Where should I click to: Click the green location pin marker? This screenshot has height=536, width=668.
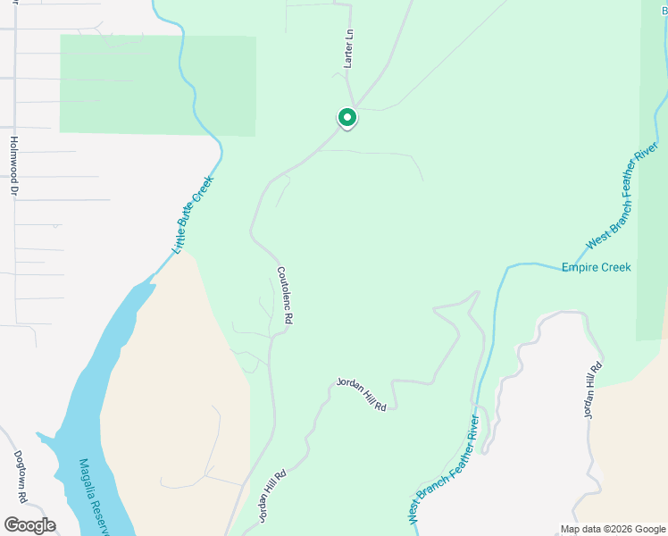(x=347, y=117)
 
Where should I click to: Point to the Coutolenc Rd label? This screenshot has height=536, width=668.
(x=285, y=295)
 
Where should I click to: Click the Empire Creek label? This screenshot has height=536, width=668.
(x=596, y=267)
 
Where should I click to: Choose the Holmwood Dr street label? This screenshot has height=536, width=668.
(x=13, y=165)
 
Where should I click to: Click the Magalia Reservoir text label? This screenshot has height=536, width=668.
(x=93, y=496)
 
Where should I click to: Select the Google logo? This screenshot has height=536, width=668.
(x=29, y=525)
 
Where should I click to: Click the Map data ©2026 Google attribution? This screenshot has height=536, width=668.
(x=613, y=529)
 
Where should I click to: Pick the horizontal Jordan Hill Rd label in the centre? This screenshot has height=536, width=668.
(x=361, y=394)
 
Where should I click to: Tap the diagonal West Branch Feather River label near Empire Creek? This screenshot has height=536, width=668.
(x=622, y=195)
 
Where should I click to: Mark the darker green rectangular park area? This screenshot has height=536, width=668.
(x=157, y=85)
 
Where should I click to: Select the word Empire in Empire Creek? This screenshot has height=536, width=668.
(x=580, y=267)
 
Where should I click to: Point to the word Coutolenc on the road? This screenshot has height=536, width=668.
(x=282, y=286)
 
